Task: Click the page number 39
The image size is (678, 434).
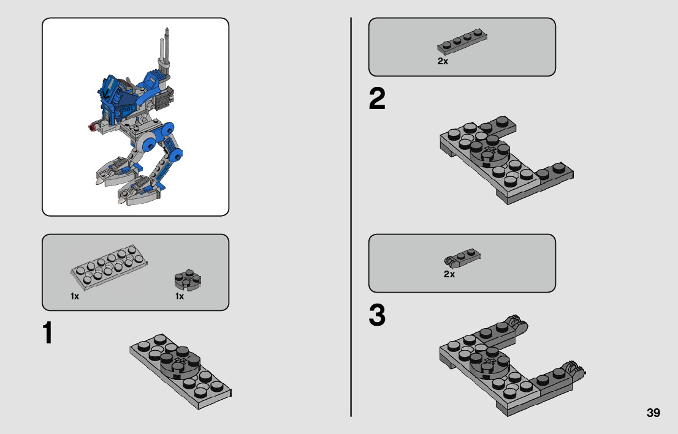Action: point(653,413)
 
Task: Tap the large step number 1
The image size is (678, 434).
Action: point(48,332)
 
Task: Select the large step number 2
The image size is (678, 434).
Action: point(377,99)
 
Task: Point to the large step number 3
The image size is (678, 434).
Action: point(377,315)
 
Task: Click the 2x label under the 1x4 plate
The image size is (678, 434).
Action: point(443,61)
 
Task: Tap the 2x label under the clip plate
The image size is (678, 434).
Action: point(449,274)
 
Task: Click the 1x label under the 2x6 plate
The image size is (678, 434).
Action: point(75,296)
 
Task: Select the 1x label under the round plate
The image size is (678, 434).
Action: point(180,296)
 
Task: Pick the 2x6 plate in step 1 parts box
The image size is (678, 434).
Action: point(109,266)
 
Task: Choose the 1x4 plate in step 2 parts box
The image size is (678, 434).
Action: point(462,42)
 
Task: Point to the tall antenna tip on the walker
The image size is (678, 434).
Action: point(167,30)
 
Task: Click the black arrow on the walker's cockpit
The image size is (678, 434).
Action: point(105,93)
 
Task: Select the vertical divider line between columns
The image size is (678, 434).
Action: point(351,217)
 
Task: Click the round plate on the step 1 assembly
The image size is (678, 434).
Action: point(180,365)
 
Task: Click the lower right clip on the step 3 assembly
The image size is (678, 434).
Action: point(571,370)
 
